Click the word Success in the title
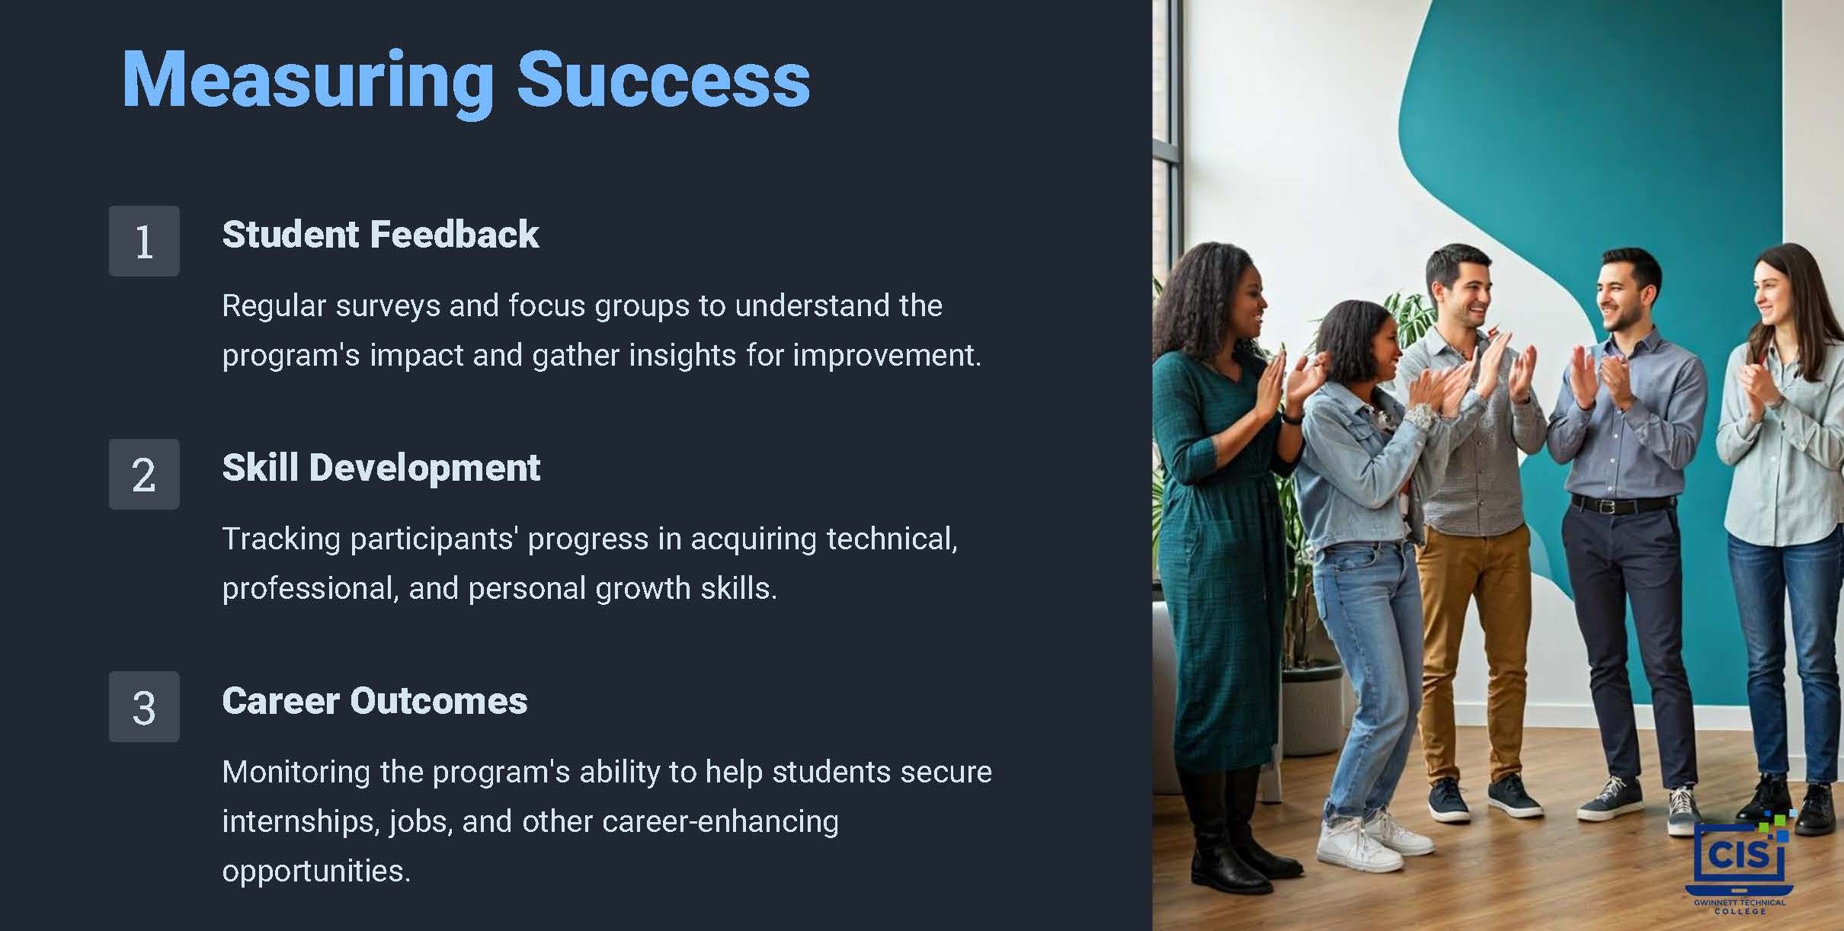pyautogui.click(x=664, y=79)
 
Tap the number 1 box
pyautogui.click(x=144, y=241)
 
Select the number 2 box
pyautogui.click(x=144, y=474)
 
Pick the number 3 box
pyautogui.click(x=144, y=706)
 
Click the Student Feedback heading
pyautogui.click(x=380, y=234)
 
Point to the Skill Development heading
pyautogui.click(x=381, y=468)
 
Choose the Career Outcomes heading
pyautogui.click(x=375, y=701)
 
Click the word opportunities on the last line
pyautogui.click(x=316, y=872)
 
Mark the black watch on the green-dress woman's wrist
pyautogui.click(x=1292, y=416)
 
